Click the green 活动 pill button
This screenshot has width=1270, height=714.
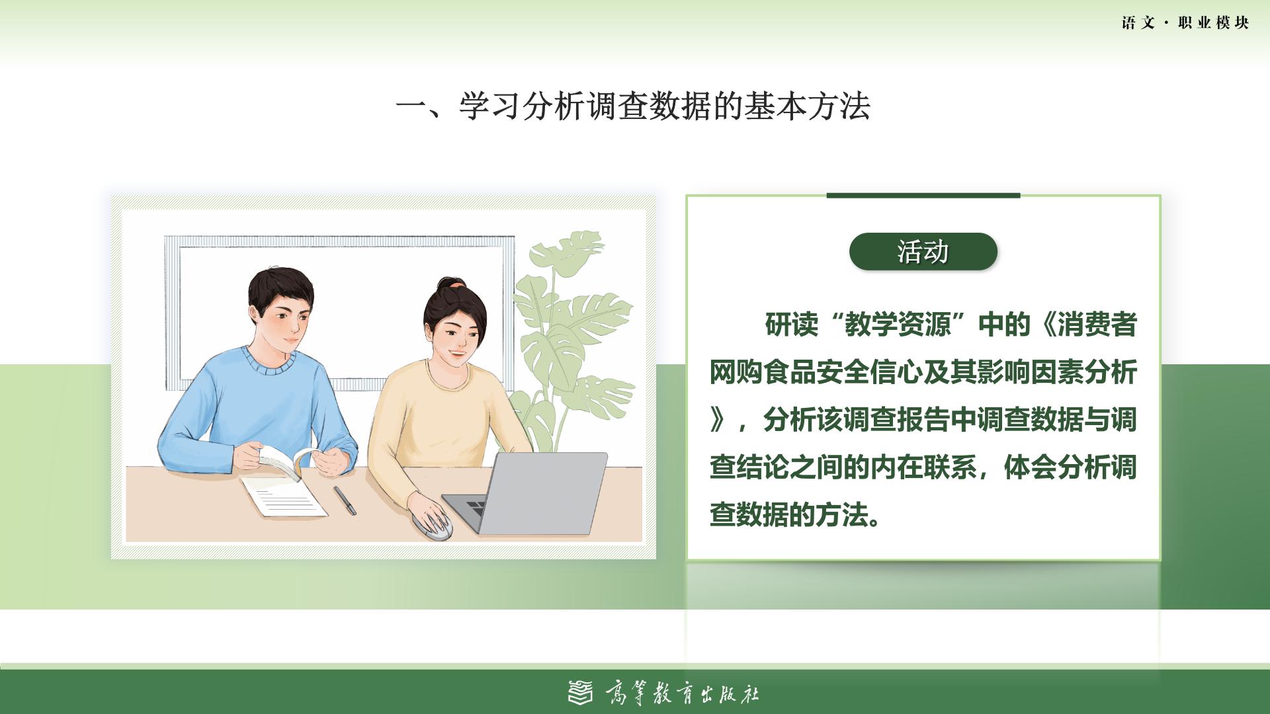pyautogui.click(x=923, y=251)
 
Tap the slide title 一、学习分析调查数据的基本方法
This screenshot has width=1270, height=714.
pyautogui.click(x=633, y=106)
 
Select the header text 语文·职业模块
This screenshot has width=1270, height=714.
pyautogui.click(x=1185, y=23)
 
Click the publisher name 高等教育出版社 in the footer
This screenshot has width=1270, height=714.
pyautogui.click(x=682, y=694)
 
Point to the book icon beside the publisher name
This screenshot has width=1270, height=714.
pyautogui.click(x=581, y=692)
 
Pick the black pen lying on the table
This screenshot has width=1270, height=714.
pyautogui.click(x=344, y=500)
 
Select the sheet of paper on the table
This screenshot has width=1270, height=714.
pyautogui.click(x=283, y=496)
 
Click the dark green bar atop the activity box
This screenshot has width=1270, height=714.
pyautogui.click(x=923, y=195)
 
